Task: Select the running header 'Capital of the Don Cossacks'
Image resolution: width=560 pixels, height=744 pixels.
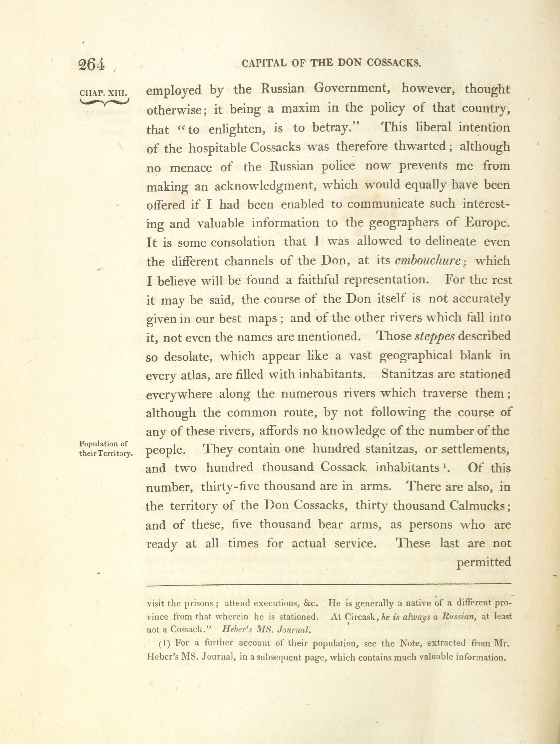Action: click(x=331, y=63)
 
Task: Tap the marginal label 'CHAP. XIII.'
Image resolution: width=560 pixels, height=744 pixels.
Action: click(x=103, y=92)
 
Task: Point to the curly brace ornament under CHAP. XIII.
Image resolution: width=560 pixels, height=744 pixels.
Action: click(x=104, y=102)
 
